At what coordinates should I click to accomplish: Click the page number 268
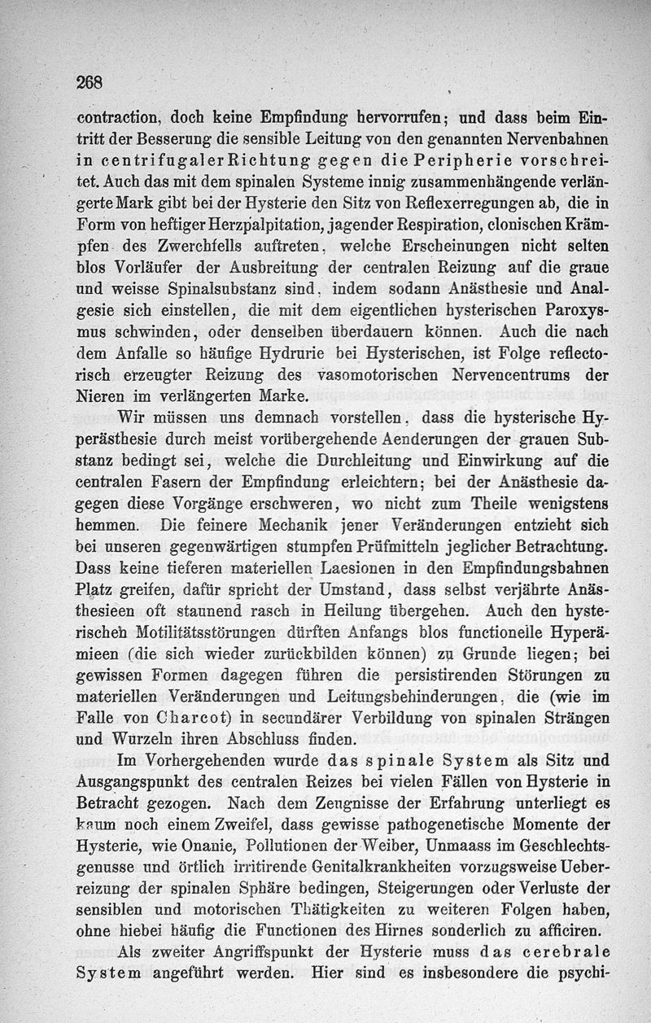point(87,81)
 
